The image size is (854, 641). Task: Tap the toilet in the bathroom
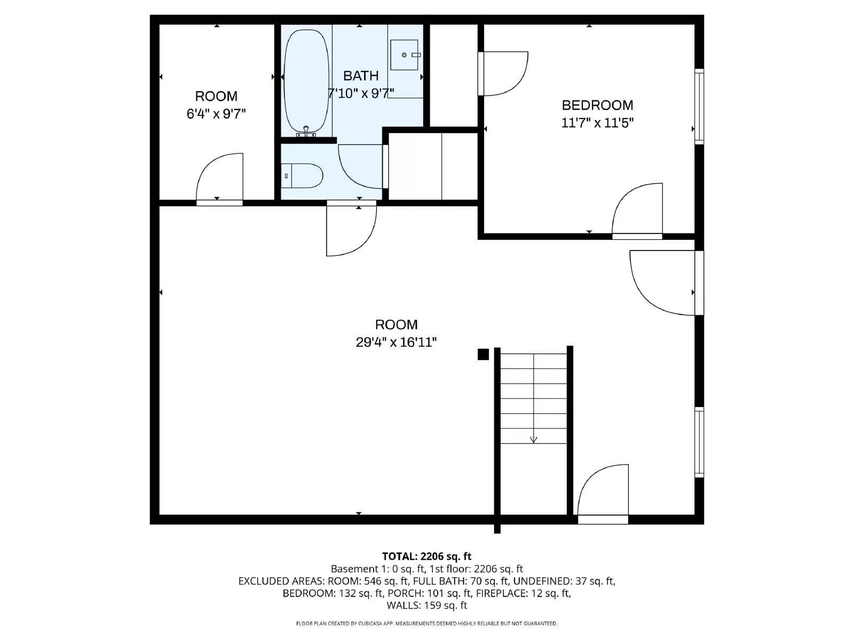(x=302, y=176)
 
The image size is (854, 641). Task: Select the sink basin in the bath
(x=404, y=55)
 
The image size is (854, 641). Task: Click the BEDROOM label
(x=597, y=105)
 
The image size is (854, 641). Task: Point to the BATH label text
(x=361, y=75)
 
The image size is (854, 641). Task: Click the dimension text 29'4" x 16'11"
(x=396, y=342)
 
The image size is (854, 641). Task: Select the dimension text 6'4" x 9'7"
(x=216, y=114)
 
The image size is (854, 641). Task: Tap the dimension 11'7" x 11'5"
(x=597, y=123)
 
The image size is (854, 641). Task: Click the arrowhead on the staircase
(x=533, y=440)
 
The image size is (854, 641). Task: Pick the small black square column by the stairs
(x=483, y=355)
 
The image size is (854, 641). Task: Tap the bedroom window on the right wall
(x=699, y=107)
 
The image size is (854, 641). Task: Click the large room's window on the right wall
(x=699, y=442)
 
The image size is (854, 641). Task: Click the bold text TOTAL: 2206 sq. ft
(x=426, y=556)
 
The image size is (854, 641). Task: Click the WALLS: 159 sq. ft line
(x=427, y=605)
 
